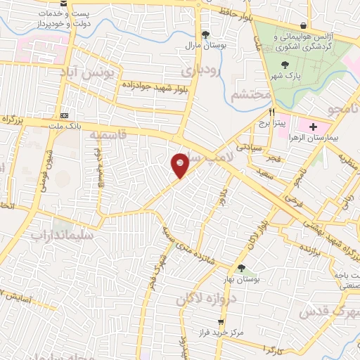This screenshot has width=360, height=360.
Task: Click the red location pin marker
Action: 180,165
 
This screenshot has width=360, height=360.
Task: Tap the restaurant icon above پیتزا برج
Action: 272,111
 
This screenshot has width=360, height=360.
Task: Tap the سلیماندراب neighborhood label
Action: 62,236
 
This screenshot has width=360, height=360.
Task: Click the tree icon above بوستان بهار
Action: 241,268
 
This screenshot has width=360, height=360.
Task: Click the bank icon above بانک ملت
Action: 65,115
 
